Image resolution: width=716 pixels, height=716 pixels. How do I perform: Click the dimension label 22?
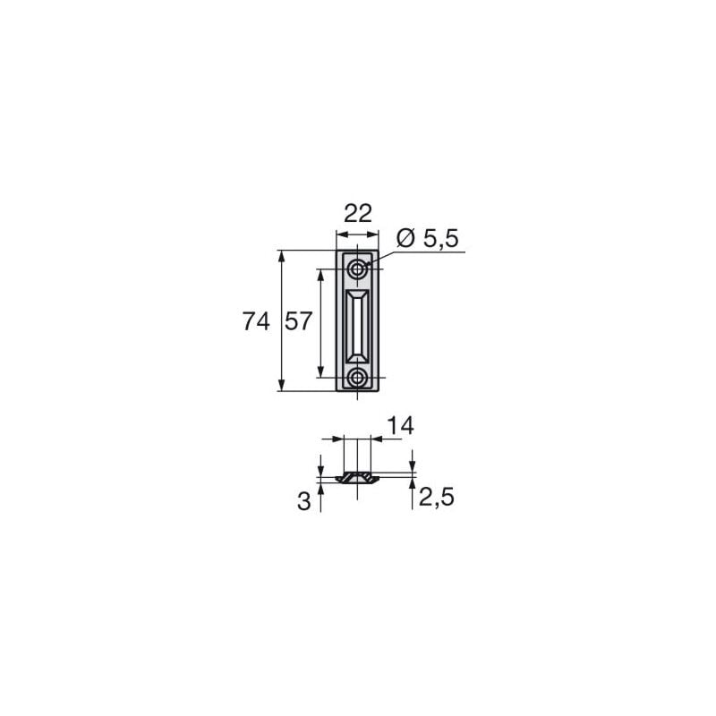(x=357, y=213)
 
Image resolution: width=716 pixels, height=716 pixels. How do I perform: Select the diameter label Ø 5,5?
(x=428, y=238)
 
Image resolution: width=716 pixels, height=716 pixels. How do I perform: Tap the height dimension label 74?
(x=256, y=321)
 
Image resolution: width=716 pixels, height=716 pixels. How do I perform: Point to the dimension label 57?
(x=298, y=321)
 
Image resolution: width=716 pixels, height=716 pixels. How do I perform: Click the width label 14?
(x=400, y=426)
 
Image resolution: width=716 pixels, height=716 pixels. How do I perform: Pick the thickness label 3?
(x=303, y=501)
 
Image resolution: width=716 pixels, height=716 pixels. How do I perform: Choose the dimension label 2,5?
(x=436, y=497)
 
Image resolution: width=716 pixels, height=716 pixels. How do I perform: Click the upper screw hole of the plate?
(x=357, y=269)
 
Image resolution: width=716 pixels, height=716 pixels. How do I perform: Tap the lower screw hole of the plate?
(x=357, y=378)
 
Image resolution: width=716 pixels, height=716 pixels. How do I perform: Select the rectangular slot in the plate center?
(x=357, y=326)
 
